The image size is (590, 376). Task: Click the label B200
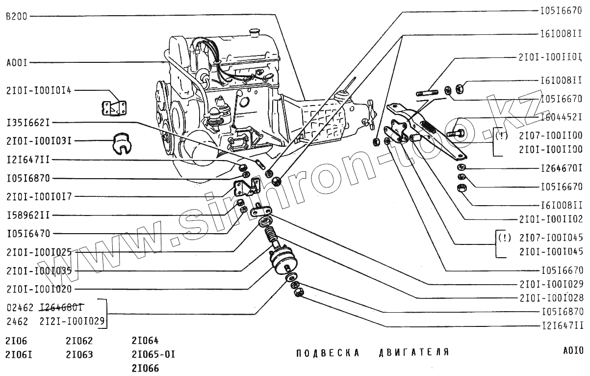click(x=16, y=16)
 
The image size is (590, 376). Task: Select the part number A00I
click(x=17, y=63)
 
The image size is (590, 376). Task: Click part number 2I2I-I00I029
click(x=73, y=322)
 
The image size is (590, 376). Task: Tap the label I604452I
click(x=562, y=117)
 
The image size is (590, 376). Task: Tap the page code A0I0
click(x=573, y=351)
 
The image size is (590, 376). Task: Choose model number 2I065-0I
click(x=153, y=354)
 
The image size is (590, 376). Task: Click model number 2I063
click(x=79, y=354)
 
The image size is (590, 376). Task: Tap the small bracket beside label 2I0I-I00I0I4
click(x=114, y=108)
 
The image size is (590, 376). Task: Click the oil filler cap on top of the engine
click(x=254, y=33)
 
